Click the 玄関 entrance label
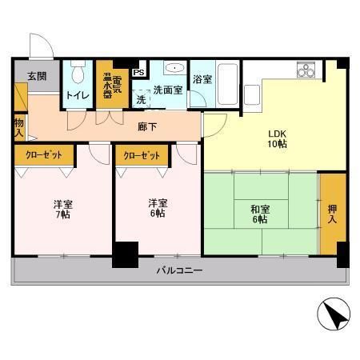coord(36,77)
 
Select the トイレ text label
coord(78,95)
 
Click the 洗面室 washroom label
coord(168,90)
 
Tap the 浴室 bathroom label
coord(202,79)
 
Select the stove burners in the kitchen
coord(306,70)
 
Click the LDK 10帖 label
coord(278,138)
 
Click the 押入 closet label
coord(332,213)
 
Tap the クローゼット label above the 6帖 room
coord(142,155)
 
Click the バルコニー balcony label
coord(179,271)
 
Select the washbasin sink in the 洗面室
coord(177,69)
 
